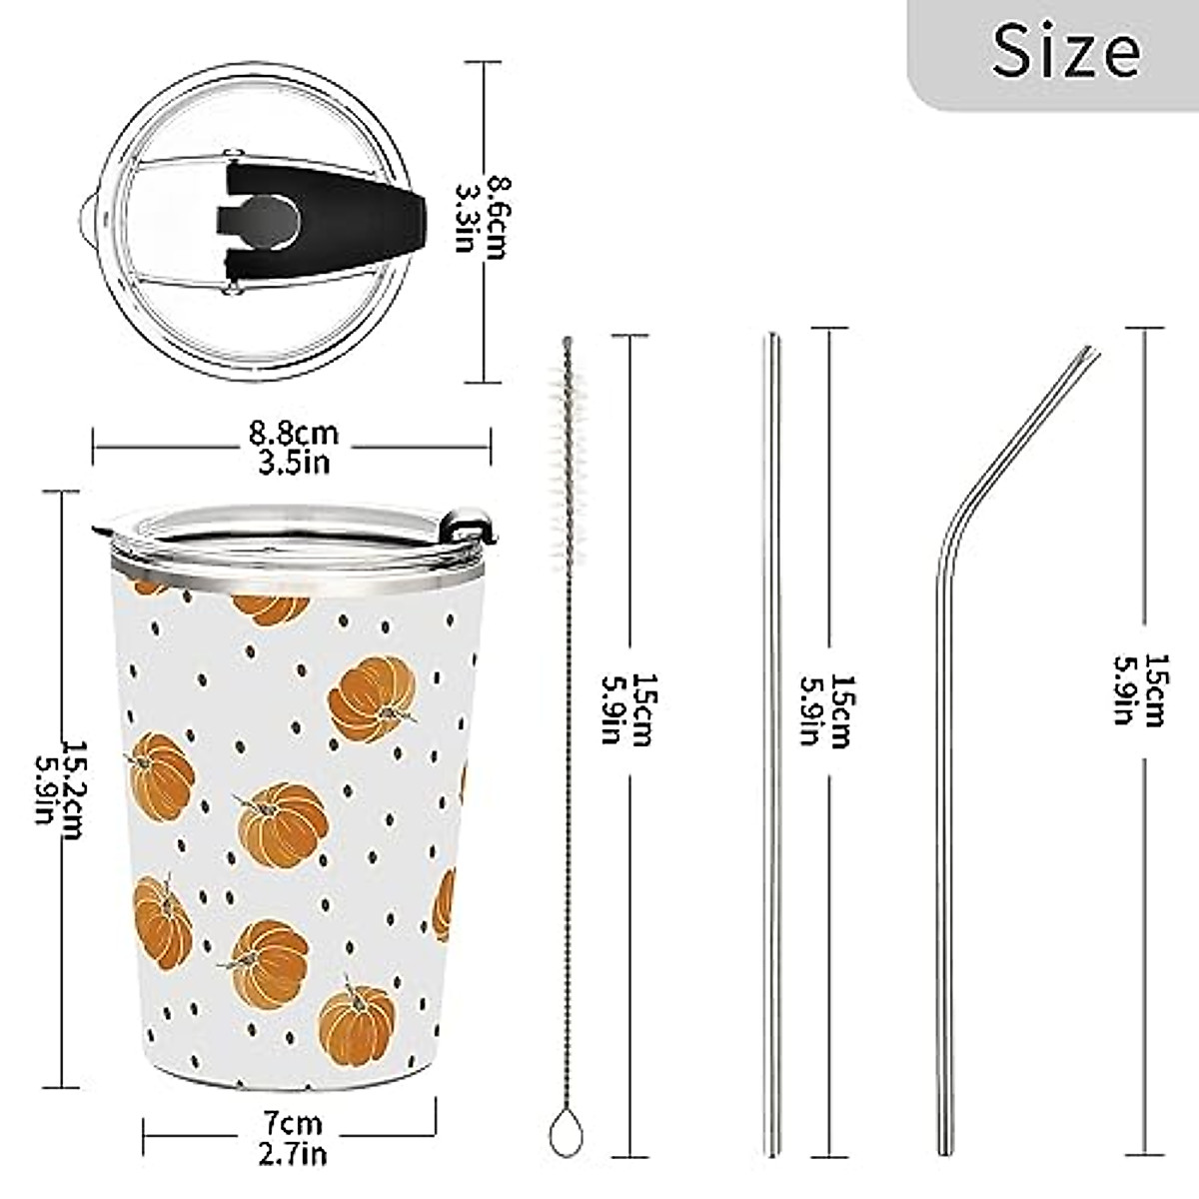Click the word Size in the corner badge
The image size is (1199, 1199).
(x=1066, y=50)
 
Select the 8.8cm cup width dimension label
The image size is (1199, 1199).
(x=293, y=434)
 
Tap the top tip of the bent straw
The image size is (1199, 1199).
(x=1091, y=352)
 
